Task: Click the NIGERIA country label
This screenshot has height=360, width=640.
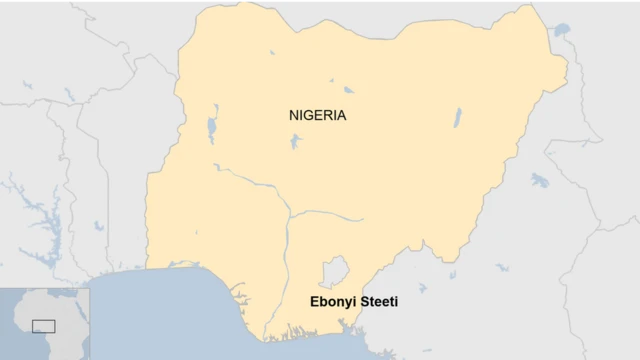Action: click(x=318, y=115)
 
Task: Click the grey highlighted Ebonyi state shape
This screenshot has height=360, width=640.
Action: click(x=333, y=271)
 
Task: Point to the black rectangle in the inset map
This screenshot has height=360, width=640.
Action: click(x=43, y=325)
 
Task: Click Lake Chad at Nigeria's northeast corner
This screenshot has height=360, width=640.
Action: click(x=561, y=31)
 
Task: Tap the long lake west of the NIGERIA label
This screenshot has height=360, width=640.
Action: click(x=212, y=128)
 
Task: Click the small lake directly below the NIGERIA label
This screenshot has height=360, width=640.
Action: click(x=294, y=141)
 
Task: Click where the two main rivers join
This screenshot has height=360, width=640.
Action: click(x=288, y=213)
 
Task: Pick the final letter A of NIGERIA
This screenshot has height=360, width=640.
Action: click(x=341, y=115)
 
